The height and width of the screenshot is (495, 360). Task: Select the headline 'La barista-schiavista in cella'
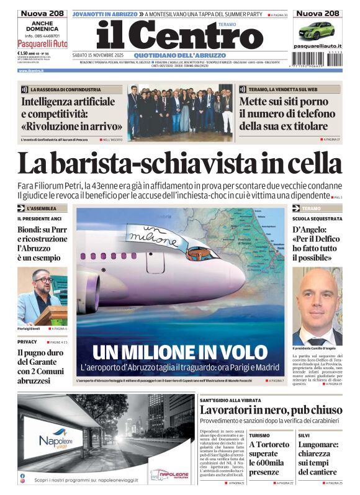[x=179, y=163]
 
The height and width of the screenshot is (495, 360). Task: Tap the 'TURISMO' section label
[x=260, y=435]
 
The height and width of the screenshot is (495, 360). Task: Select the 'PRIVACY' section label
[x=27, y=342]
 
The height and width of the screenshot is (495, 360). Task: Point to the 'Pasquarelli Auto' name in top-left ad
[x=42, y=44]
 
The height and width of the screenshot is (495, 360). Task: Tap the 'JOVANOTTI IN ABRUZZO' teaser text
[x=104, y=13]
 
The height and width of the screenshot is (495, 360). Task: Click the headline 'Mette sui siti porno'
[x=286, y=101]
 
